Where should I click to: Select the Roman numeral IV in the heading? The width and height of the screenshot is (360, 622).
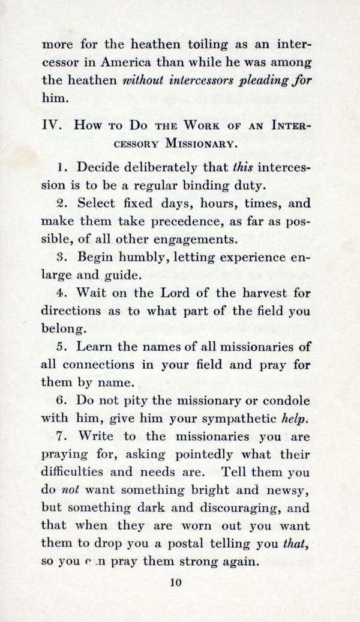[50, 125]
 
